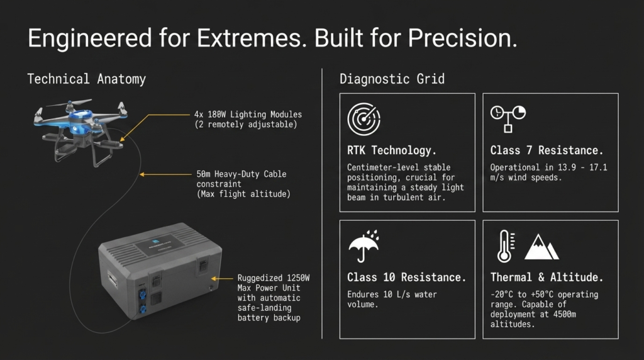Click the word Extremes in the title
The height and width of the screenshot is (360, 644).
click(x=252, y=38)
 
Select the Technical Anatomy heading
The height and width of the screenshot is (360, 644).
click(x=87, y=79)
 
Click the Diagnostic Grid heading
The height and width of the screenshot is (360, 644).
click(x=392, y=79)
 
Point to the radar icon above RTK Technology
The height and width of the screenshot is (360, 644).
click(x=364, y=119)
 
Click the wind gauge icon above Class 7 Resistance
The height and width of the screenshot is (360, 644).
click(x=508, y=119)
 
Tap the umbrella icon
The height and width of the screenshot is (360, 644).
click(x=364, y=246)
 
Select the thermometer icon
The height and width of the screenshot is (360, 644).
click(x=505, y=246)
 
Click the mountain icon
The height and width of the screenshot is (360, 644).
click(x=541, y=247)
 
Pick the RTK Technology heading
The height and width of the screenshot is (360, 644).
click(x=391, y=150)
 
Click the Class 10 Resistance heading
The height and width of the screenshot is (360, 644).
click(x=407, y=278)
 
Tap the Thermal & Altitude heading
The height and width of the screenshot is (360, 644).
click(x=547, y=278)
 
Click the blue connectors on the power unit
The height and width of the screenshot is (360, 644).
click(x=143, y=301)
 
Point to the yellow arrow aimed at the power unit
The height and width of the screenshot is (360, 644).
click(x=222, y=279)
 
